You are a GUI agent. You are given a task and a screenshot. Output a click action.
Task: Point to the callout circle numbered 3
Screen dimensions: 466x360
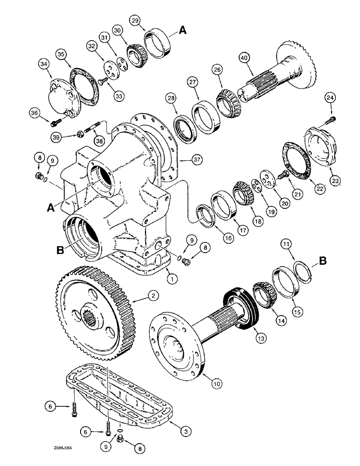[187, 432]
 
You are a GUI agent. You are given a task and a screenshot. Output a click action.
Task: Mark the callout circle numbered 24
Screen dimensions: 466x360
[330, 98]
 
